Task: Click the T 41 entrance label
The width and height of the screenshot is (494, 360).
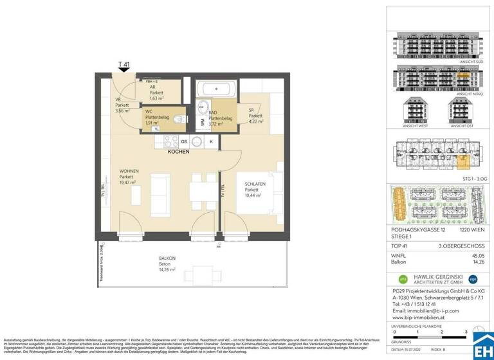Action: (124, 64)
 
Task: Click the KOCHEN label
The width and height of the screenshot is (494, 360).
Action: (178, 152)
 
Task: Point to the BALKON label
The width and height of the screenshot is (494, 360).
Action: (167, 258)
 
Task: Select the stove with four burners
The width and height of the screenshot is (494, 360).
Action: (170, 141)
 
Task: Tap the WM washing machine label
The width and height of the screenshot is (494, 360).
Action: (202, 121)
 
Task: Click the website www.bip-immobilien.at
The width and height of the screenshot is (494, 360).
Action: (419, 318)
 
